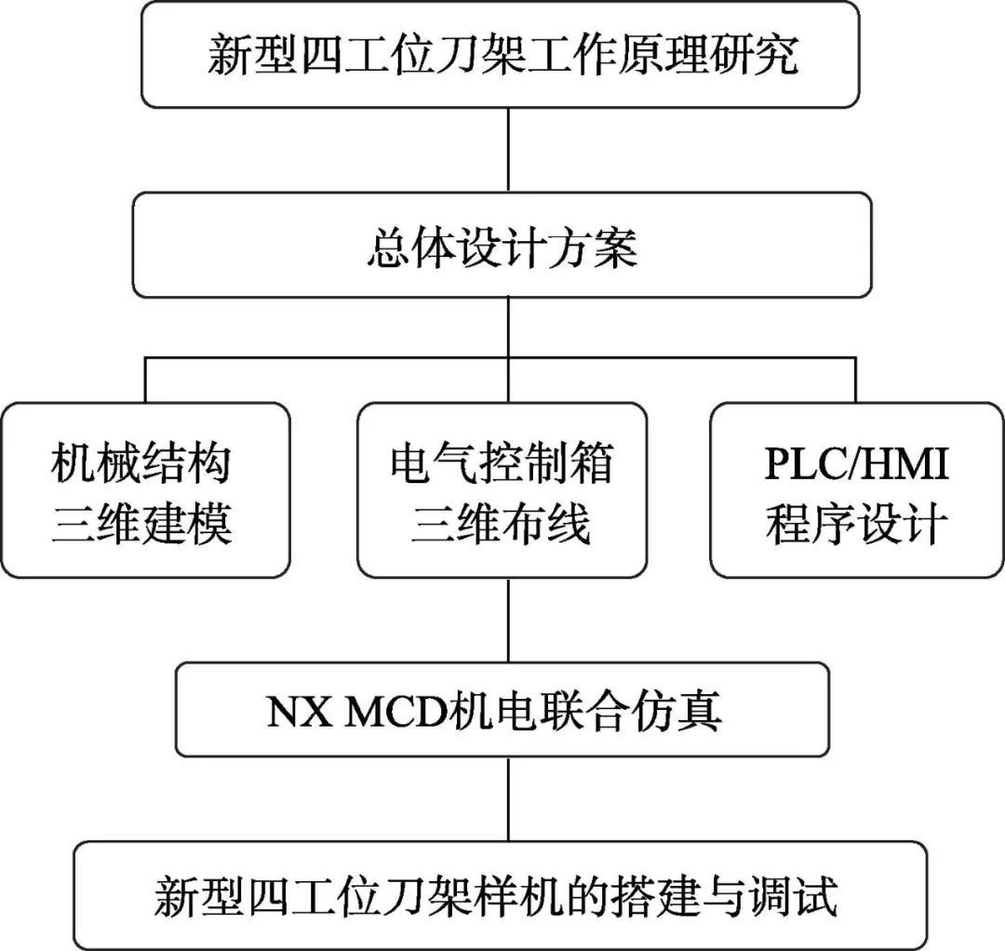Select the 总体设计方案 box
pyautogui.click(x=502, y=246)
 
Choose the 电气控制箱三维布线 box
pyautogui.click(x=502, y=490)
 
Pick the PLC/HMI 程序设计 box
pyautogui.click(x=855, y=490)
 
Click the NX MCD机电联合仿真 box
pyautogui.click(x=502, y=710)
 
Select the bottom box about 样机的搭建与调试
pyautogui.click(x=502, y=895)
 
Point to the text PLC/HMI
pyautogui.click(x=856, y=463)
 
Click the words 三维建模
pyautogui.click(x=141, y=523)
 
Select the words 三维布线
pyautogui.click(x=502, y=523)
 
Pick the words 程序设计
pyautogui.click(x=856, y=523)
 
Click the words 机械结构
pyautogui.click(x=141, y=463)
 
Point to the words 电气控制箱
pyautogui.click(x=502, y=463)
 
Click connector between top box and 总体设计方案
pyautogui.click(x=507, y=150)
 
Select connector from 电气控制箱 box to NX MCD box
pyautogui.click(x=507, y=620)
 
